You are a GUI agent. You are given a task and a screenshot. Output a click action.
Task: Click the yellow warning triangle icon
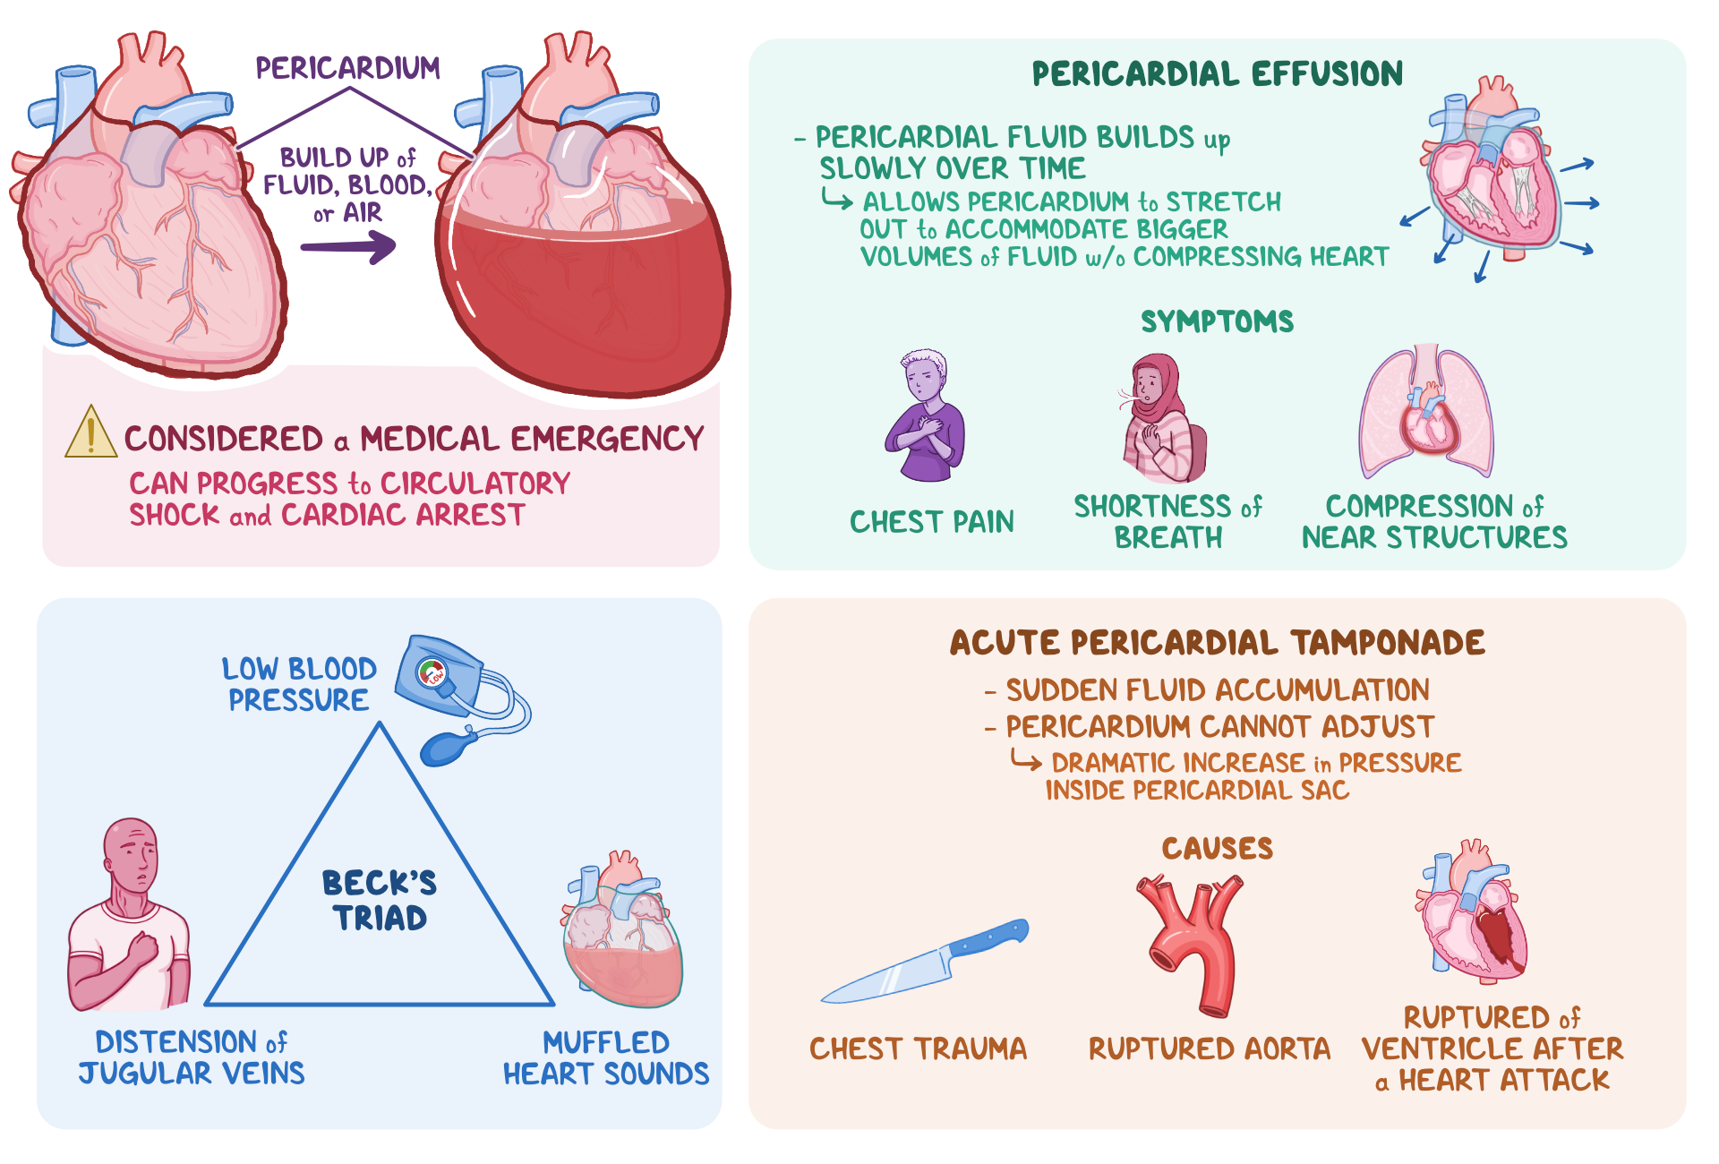[x=90, y=433]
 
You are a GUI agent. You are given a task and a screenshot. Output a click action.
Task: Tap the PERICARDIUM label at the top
[x=347, y=68]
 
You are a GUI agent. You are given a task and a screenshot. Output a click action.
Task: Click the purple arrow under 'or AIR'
[x=349, y=246]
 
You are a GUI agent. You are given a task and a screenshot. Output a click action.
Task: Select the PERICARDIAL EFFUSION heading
[x=1217, y=73]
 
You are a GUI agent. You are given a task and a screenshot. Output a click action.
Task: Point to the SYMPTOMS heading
[x=1217, y=321]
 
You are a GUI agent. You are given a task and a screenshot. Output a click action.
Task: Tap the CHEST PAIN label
[x=931, y=521]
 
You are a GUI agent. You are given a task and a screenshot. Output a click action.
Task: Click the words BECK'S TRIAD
[x=380, y=900]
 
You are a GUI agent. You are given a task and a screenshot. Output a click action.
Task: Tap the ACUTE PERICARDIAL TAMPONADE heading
[x=1217, y=643]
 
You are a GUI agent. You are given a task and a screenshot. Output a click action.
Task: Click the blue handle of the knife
[x=989, y=938]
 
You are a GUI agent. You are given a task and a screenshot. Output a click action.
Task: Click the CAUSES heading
[x=1217, y=848]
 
